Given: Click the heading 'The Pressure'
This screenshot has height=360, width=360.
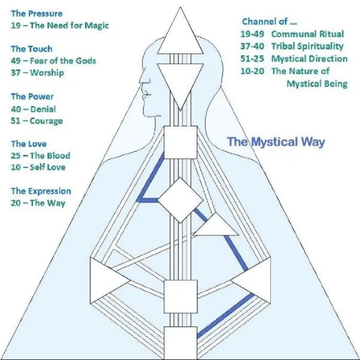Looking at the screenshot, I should pyautogui.click(x=36, y=13).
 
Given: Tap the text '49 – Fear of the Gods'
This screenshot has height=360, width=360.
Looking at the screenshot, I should pyautogui.click(x=53, y=61).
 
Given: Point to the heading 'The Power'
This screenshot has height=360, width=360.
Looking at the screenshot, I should pyautogui.click(x=32, y=97).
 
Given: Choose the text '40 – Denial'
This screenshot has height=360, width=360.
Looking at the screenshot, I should pyautogui.click(x=33, y=109).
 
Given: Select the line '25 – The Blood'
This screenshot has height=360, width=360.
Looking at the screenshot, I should pyautogui.click(x=40, y=155).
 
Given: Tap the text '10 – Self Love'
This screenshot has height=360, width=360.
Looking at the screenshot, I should pyautogui.click(x=38, y=167).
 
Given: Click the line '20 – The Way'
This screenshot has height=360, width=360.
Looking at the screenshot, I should pyautogui.click(x=38, y=203).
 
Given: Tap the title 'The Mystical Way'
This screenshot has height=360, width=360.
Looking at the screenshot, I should pyautogui.click(x=276, y=142).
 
